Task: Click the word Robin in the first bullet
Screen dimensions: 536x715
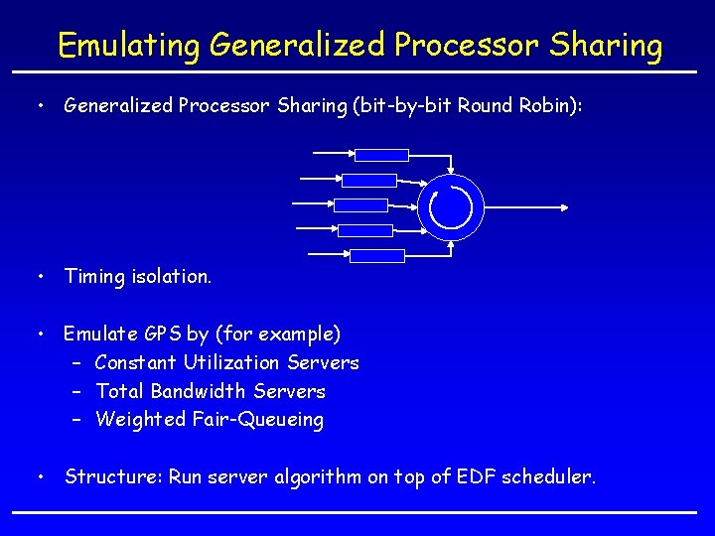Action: [550, 106]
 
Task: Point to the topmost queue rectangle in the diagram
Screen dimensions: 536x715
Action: [382, 155]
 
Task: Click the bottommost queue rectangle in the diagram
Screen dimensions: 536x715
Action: [377, 256]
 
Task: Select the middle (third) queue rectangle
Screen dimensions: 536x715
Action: [360, 205]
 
